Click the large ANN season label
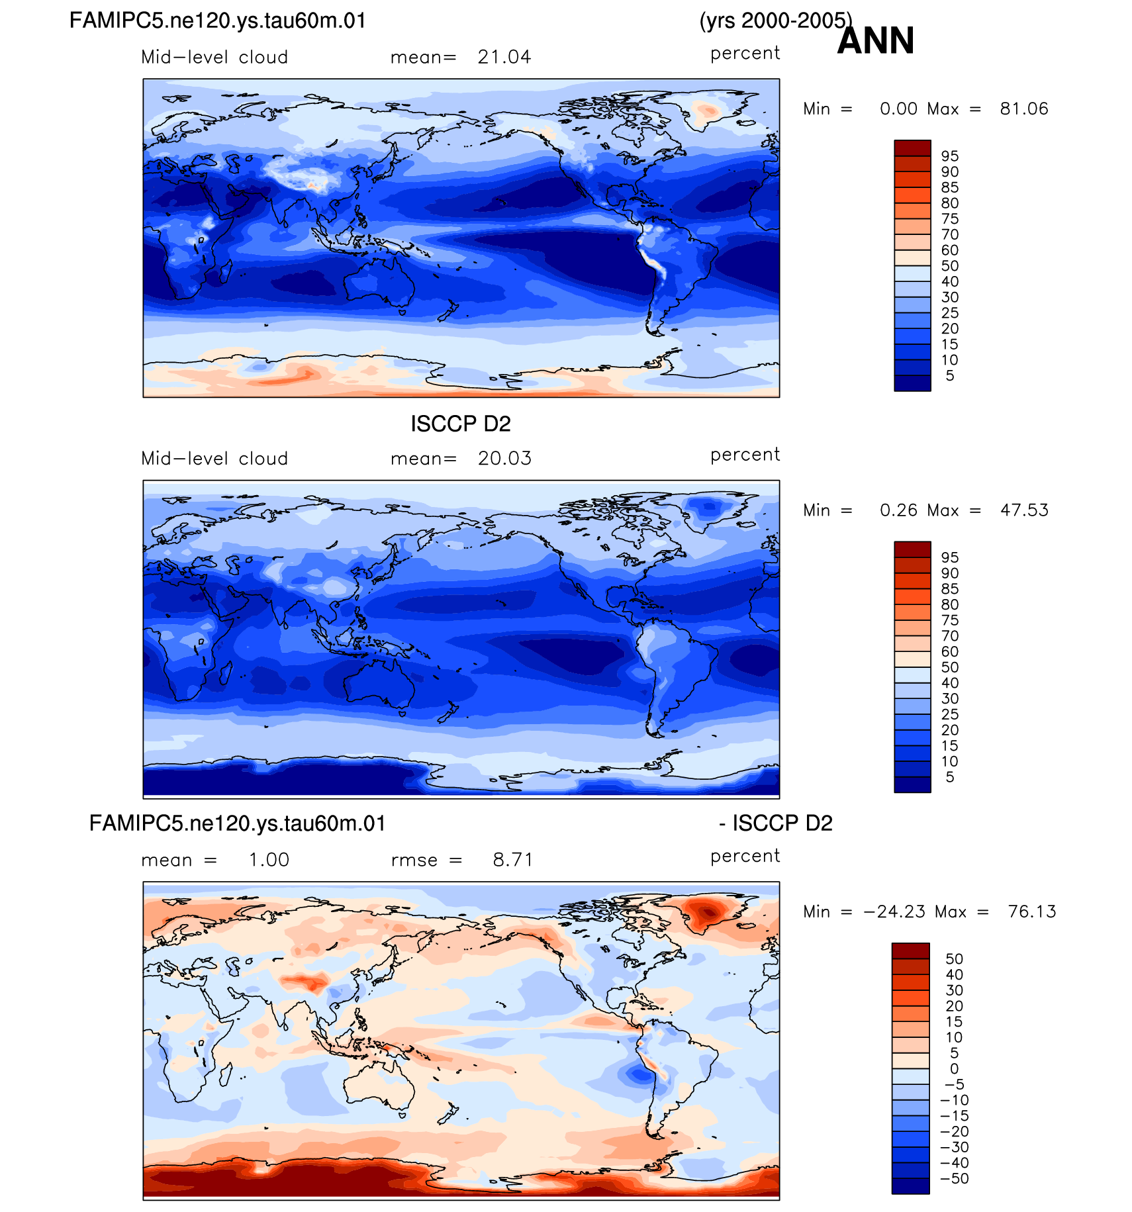(x=875, y=41)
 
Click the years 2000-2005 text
(x=775, y=21)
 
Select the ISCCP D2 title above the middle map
(x=461, y=424)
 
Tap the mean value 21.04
(x=504, y=58)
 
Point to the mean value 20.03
(x=504, y=459)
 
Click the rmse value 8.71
(x=512, y=860)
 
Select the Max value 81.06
(x=1024, y=109)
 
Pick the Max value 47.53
(x=1024, y=510)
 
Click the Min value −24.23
(x=894, y=912)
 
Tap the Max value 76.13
(x=1032, y=912)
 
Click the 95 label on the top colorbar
(x=950, y=156)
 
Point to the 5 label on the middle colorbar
(x=950, y=777)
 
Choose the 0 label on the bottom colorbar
(x=954, y=1068)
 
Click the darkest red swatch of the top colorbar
(x=912, y=148)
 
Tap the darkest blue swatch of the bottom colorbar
(x=910, y=1186)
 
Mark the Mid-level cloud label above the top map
(x=214, y=58)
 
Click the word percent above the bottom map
(x=745, y=856)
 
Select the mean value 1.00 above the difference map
(x=269, y=860)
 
